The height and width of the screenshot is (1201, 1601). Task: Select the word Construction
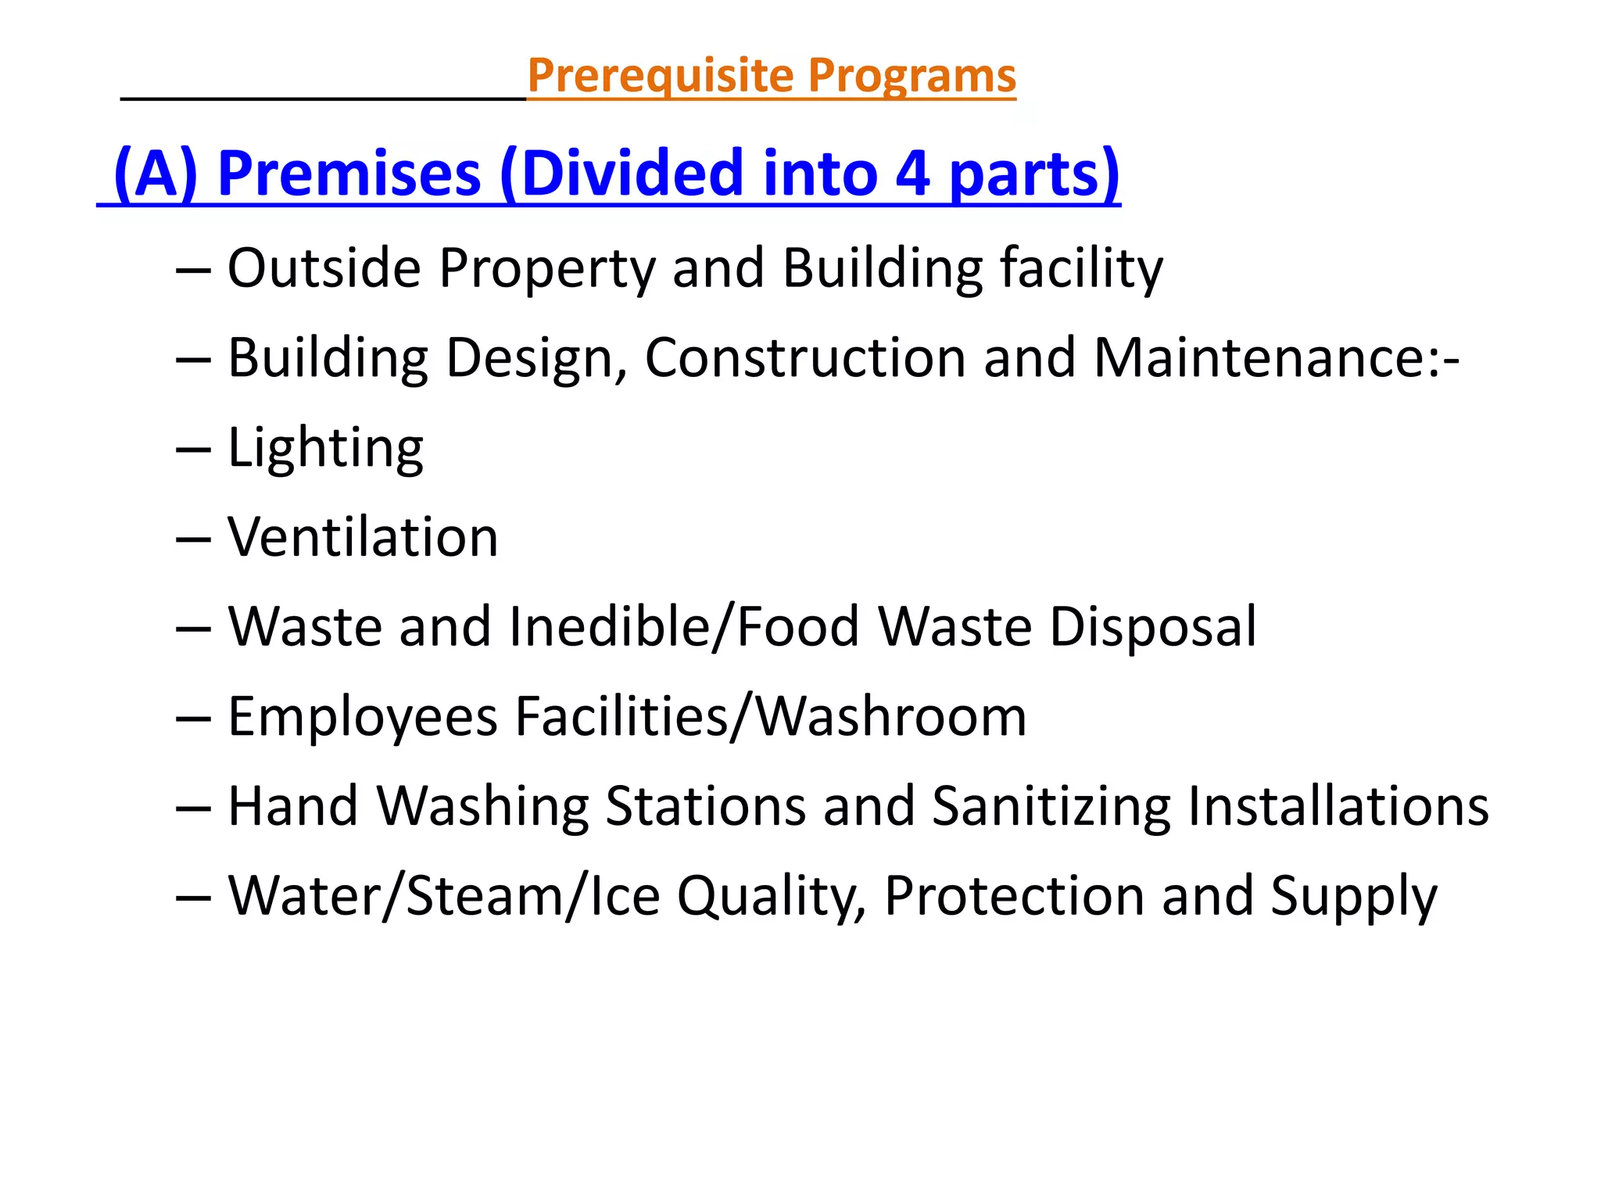[x=805, y=358]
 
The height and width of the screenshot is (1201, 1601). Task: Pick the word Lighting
[x=325, y=449]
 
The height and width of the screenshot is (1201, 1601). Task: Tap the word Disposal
[x=1153, y=627]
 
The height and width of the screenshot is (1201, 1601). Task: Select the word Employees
[x=363, y=717]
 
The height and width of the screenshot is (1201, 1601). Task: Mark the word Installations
[x=1338, y=806]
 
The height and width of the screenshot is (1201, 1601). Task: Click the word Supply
[x=1353, y=897]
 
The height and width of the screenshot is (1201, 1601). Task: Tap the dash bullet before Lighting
[x=193, y=450]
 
